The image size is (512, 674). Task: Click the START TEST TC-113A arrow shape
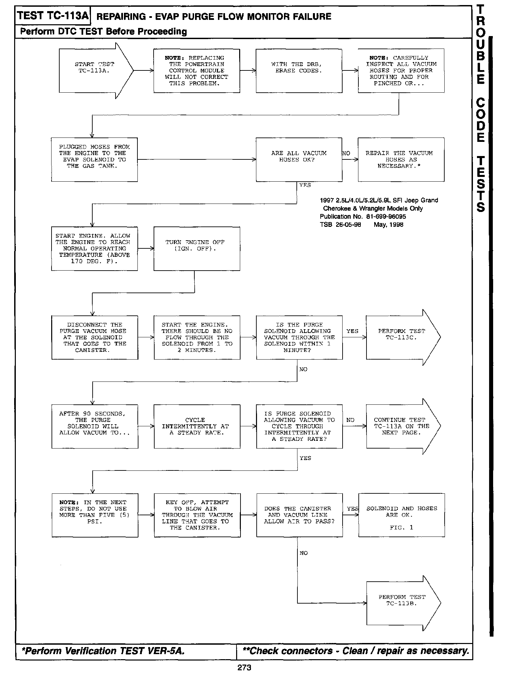point(94,71)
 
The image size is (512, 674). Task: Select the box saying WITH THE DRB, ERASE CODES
point(299,71)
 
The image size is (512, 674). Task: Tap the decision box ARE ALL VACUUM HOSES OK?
point(299,159)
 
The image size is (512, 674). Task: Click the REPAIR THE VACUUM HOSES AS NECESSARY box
point(401,159)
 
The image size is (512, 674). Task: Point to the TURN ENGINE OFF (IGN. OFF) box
point(197,248)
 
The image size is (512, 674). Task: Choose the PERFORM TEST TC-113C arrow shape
point(401,337)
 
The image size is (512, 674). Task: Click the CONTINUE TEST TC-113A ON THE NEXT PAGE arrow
point(401,426)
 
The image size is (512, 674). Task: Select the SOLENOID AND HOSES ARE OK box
point(402,515)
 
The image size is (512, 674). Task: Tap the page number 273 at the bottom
point(244,667)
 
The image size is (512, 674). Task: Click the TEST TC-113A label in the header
point(53,16)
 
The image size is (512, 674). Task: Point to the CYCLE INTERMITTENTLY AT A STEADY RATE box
point(197,426)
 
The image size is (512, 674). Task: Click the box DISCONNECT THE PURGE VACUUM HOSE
point(95,337)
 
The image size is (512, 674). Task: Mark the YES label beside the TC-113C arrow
point(352,331)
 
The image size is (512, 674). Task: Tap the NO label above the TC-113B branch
point(303,553)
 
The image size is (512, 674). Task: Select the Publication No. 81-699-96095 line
point(363,216)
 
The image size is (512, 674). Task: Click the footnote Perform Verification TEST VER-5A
point(103,651)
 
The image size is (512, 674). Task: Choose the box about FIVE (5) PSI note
point(95,515)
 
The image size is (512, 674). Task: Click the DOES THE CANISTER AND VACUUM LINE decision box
point(299,515)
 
